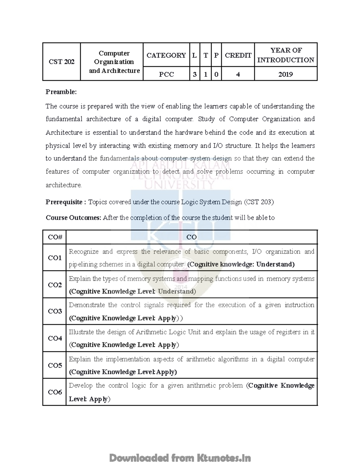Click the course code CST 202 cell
(61, 62)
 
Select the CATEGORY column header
(166, 55)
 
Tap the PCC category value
(166, 74)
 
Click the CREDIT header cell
(238, 55)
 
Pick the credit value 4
(238, 74)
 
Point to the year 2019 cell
(285, 74)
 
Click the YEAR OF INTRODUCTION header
(285, 55)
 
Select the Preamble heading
(61, 92)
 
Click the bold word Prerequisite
(64, 202)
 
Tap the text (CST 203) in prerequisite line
(259, 202)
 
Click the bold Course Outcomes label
(73, 218)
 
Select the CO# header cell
(55, 237)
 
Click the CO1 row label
(55, 258)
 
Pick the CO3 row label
(55, 311)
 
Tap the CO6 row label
(55, 392)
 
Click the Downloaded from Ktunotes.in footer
(180, 458)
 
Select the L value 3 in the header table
(194, 74)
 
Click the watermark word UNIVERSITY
(179, 184)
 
